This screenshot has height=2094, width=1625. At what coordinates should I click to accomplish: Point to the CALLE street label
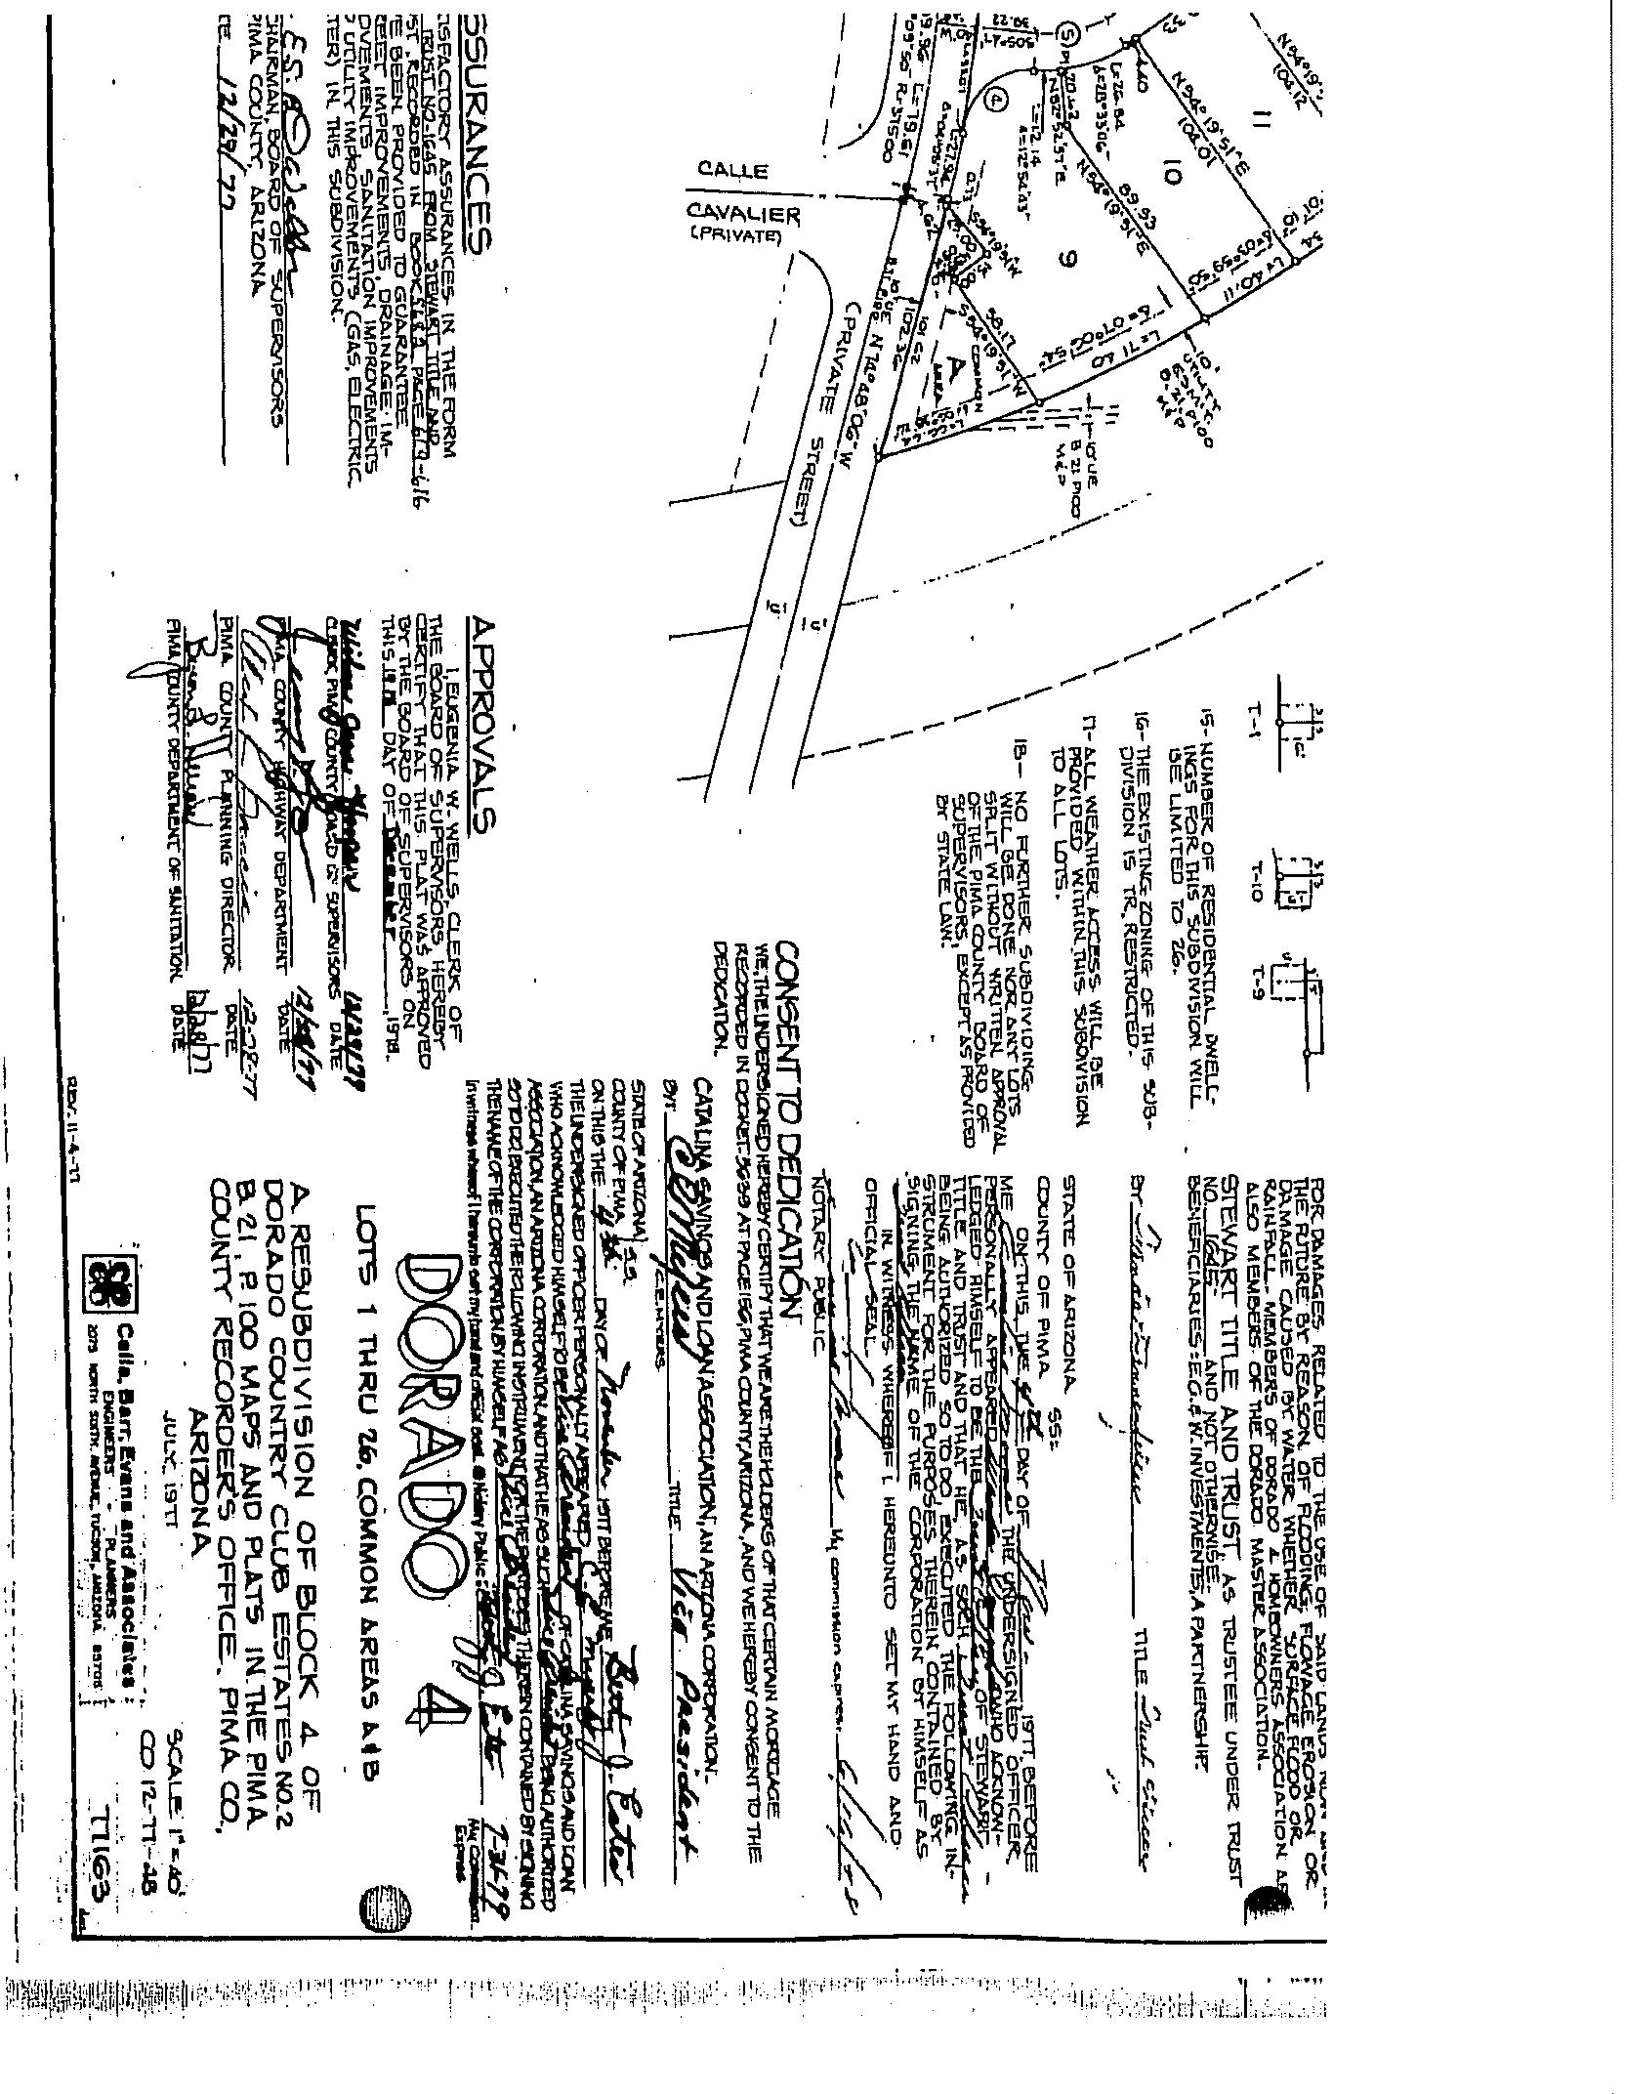pos(733,171)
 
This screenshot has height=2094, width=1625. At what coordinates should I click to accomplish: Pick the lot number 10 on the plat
pos(1173,176)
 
